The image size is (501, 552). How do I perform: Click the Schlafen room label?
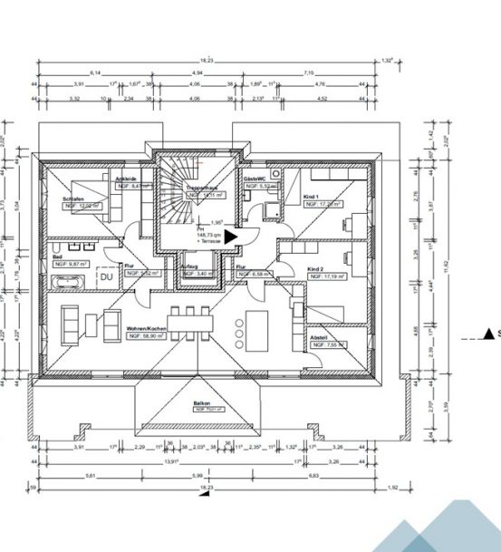[74, 198]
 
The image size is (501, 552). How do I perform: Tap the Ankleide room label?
[125, 179]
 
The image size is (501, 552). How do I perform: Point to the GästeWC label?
[254, 179]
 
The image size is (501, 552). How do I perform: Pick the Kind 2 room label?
[316, 269]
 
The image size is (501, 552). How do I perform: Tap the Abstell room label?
[319, 337]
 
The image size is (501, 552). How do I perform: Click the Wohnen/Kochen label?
[145, 328]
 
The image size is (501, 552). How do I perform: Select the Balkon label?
[201, 403]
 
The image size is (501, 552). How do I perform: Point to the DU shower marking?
[106, 276]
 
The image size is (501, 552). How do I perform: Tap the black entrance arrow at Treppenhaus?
[230, 236]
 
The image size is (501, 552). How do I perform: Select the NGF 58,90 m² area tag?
[145, 335]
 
